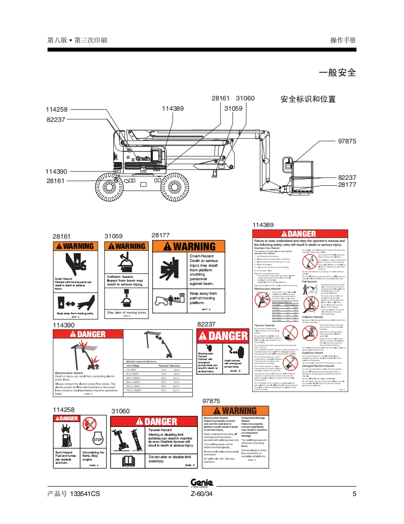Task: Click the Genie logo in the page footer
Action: point(202,483)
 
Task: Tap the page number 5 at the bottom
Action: point(354,494)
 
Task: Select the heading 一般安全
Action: point(337,73)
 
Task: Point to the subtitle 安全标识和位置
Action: point(308,99)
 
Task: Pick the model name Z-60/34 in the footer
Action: point(202,494)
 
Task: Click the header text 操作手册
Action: point(343,40)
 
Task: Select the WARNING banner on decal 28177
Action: point(188,246)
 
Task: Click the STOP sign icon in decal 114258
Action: point(98,439)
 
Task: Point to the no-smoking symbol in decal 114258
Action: point(89,424)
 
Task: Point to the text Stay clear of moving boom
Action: point(127,312)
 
